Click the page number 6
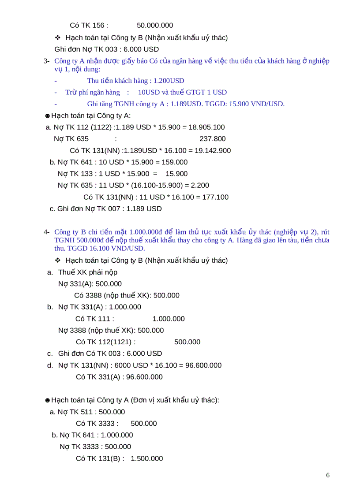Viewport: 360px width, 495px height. tap(327, 475)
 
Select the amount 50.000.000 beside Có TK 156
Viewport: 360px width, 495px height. tap(155, 25)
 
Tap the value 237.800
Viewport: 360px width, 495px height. tap(213, 139)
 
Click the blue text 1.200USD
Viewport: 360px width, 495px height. tap(169, 81)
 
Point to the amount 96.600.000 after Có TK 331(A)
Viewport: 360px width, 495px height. tap(142, 377)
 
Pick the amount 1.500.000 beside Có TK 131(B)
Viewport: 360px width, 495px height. tap(147, 458)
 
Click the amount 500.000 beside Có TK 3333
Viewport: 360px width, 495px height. tap(144, 424)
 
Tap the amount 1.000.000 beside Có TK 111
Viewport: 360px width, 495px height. tap(169, 319)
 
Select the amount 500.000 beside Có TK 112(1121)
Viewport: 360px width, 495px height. tap(187, 342)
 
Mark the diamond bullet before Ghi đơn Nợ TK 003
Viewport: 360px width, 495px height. tap(57, 38)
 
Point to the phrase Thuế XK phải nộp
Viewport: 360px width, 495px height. tap(88, 272)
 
